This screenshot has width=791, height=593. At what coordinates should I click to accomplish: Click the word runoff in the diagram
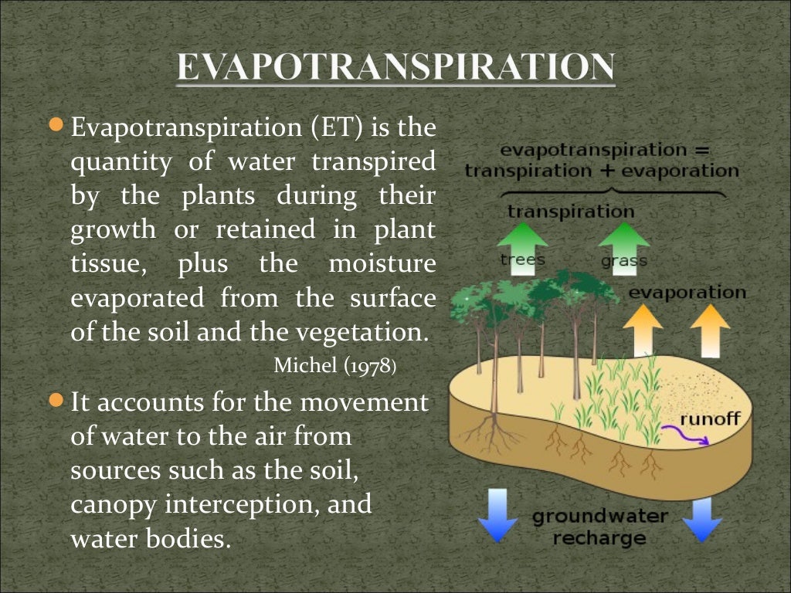709,420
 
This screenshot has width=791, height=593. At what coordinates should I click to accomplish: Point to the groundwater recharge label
600,527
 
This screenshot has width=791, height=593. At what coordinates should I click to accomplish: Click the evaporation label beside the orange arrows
687,293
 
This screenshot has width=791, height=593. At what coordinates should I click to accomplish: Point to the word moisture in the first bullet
382,264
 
